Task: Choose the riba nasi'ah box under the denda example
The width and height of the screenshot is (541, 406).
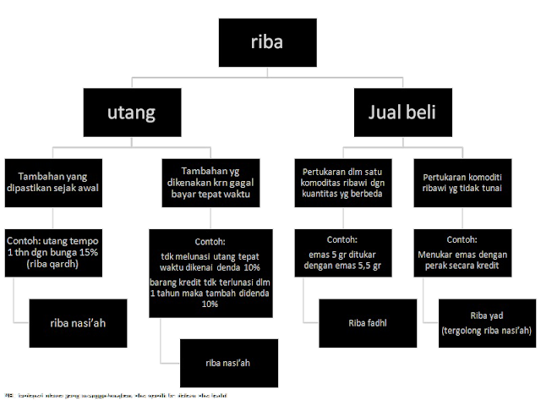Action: [x=228, y=363]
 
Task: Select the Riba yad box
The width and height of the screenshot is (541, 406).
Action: [x=488, y=322]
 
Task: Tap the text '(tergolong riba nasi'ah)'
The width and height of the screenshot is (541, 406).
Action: [x=486, y=330]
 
